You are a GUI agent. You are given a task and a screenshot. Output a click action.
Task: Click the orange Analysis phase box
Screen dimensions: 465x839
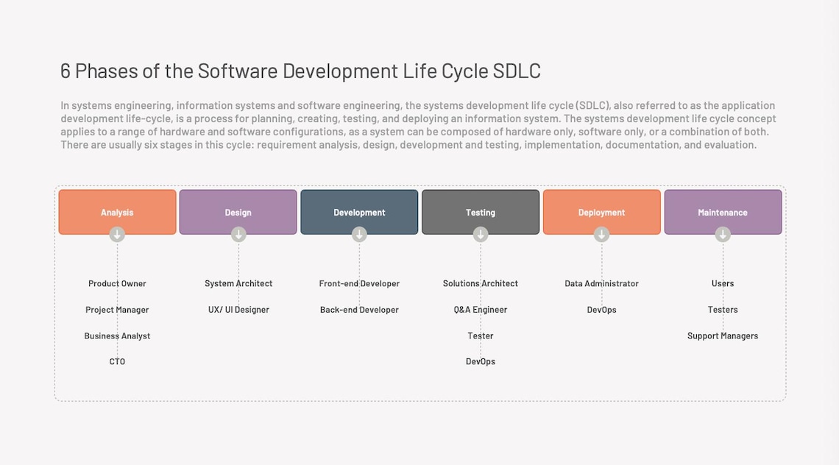[117, 212]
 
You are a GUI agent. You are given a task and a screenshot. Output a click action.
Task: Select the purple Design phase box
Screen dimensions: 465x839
[238, 212]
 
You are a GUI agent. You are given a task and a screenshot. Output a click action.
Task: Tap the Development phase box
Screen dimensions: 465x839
[359, 212]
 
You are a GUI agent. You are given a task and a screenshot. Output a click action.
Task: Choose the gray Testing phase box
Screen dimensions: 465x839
[480, 212]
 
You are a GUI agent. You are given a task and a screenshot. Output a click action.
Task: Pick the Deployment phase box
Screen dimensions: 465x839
[601, 212]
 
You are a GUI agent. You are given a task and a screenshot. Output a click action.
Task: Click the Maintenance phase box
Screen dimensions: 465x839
[723, 212]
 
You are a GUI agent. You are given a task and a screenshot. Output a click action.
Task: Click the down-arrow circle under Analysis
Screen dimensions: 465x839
[117, 234]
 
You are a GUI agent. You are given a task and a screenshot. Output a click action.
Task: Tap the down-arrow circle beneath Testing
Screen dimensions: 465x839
[481, 234]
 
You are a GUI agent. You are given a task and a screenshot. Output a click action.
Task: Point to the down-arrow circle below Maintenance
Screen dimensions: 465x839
[723, 234]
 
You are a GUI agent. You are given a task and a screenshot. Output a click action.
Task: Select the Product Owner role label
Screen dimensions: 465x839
[117, 283]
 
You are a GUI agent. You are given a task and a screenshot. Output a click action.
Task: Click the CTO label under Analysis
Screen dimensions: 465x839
[117, 361]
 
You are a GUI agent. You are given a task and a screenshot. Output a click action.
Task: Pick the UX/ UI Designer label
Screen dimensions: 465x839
[238, 310]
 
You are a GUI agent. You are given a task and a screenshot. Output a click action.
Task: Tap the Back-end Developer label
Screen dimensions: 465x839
[359, 310]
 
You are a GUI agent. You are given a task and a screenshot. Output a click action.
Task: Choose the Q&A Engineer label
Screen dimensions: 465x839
[481, 310]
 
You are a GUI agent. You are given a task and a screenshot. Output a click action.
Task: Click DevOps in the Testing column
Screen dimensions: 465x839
[481, 361]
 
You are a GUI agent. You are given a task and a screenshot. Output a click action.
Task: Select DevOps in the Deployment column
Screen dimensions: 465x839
[601, 310]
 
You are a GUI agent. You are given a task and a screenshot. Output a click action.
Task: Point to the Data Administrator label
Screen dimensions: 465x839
[601, 283]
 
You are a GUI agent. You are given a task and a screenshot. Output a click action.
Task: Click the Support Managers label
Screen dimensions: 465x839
[723, 336]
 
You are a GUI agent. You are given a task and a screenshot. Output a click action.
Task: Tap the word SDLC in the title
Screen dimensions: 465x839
[517, 71]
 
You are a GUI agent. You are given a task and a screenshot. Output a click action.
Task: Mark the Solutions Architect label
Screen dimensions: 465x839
[481, 283]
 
